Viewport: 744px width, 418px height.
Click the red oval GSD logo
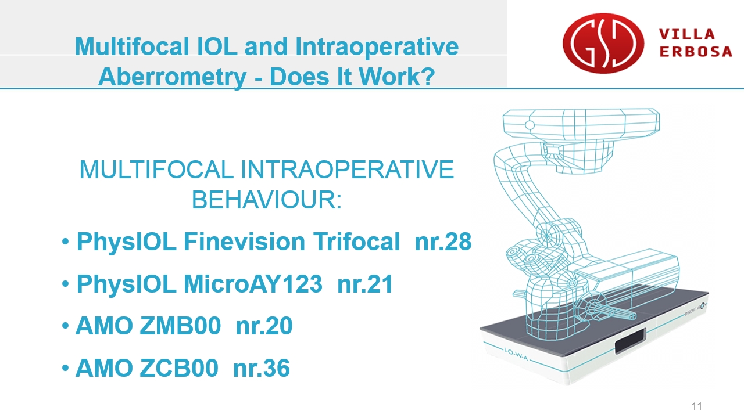pos(603,43)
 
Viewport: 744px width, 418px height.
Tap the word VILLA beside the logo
pos(687,34)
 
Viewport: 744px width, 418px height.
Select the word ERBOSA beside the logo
pos(696,52)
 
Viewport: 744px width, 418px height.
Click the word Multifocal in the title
pos(132,46)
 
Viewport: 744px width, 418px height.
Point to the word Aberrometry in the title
pos(172,77)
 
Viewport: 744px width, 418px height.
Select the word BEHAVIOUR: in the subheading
pos(266,200)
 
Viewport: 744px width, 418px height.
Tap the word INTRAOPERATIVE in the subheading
pos(347,170)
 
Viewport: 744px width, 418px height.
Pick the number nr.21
pos(365,284)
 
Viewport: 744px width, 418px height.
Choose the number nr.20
pos(264,326)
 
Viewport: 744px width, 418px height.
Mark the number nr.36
pos(262,368)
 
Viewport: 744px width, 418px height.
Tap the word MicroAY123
pos(253,284)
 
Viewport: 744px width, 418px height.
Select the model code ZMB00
pos(180,326)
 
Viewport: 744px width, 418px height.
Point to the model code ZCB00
pos(178,368)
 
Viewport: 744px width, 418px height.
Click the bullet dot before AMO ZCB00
pos(65,368)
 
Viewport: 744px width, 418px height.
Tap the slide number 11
pos(697,406)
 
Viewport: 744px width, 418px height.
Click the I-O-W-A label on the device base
pos(516,354)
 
